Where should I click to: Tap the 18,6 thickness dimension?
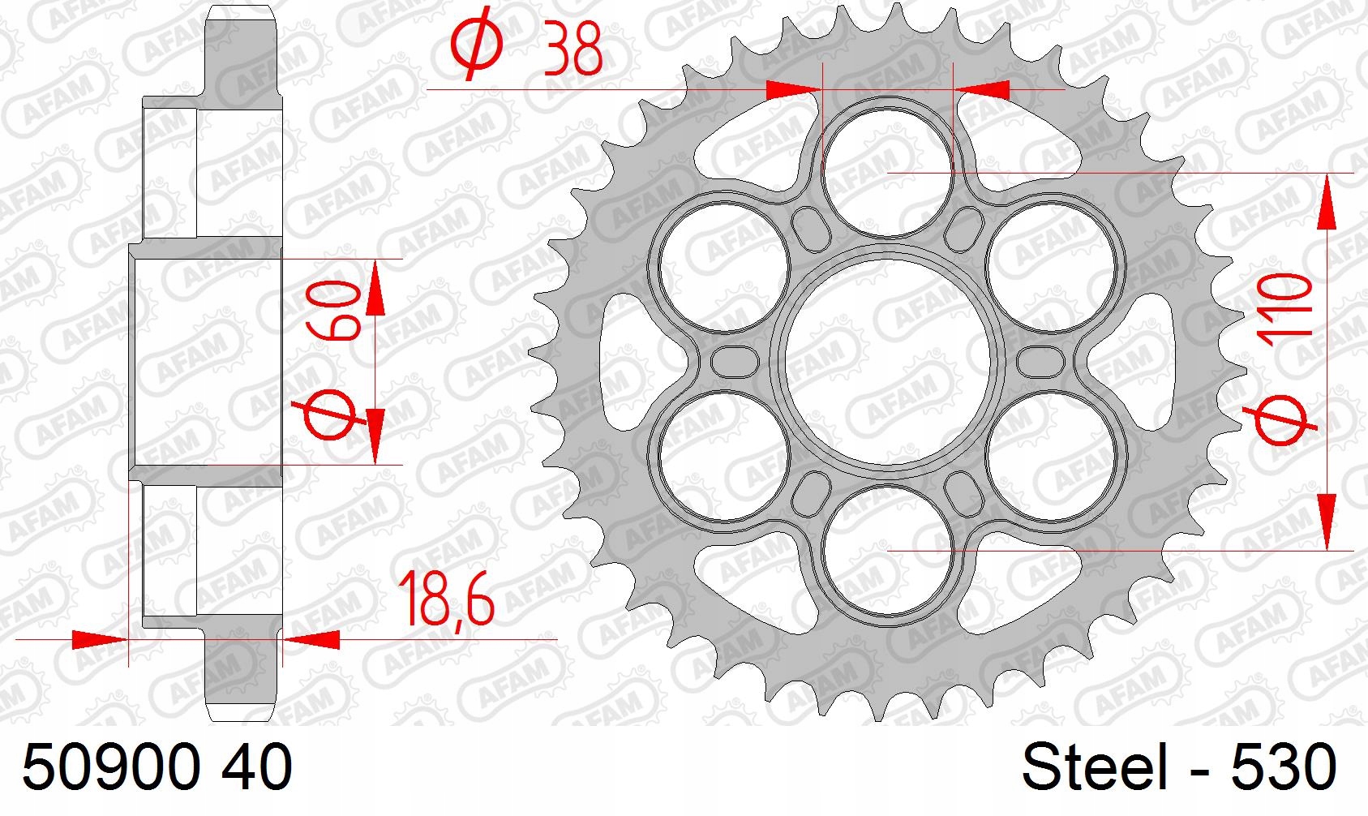445,600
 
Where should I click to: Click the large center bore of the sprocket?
889,362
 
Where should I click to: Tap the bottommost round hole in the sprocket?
889,551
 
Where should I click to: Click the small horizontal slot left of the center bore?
733,361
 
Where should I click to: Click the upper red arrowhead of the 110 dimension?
1327,203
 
